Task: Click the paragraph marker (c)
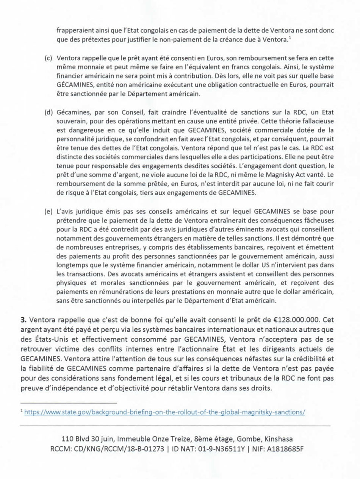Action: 49,59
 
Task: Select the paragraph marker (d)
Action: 49,113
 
